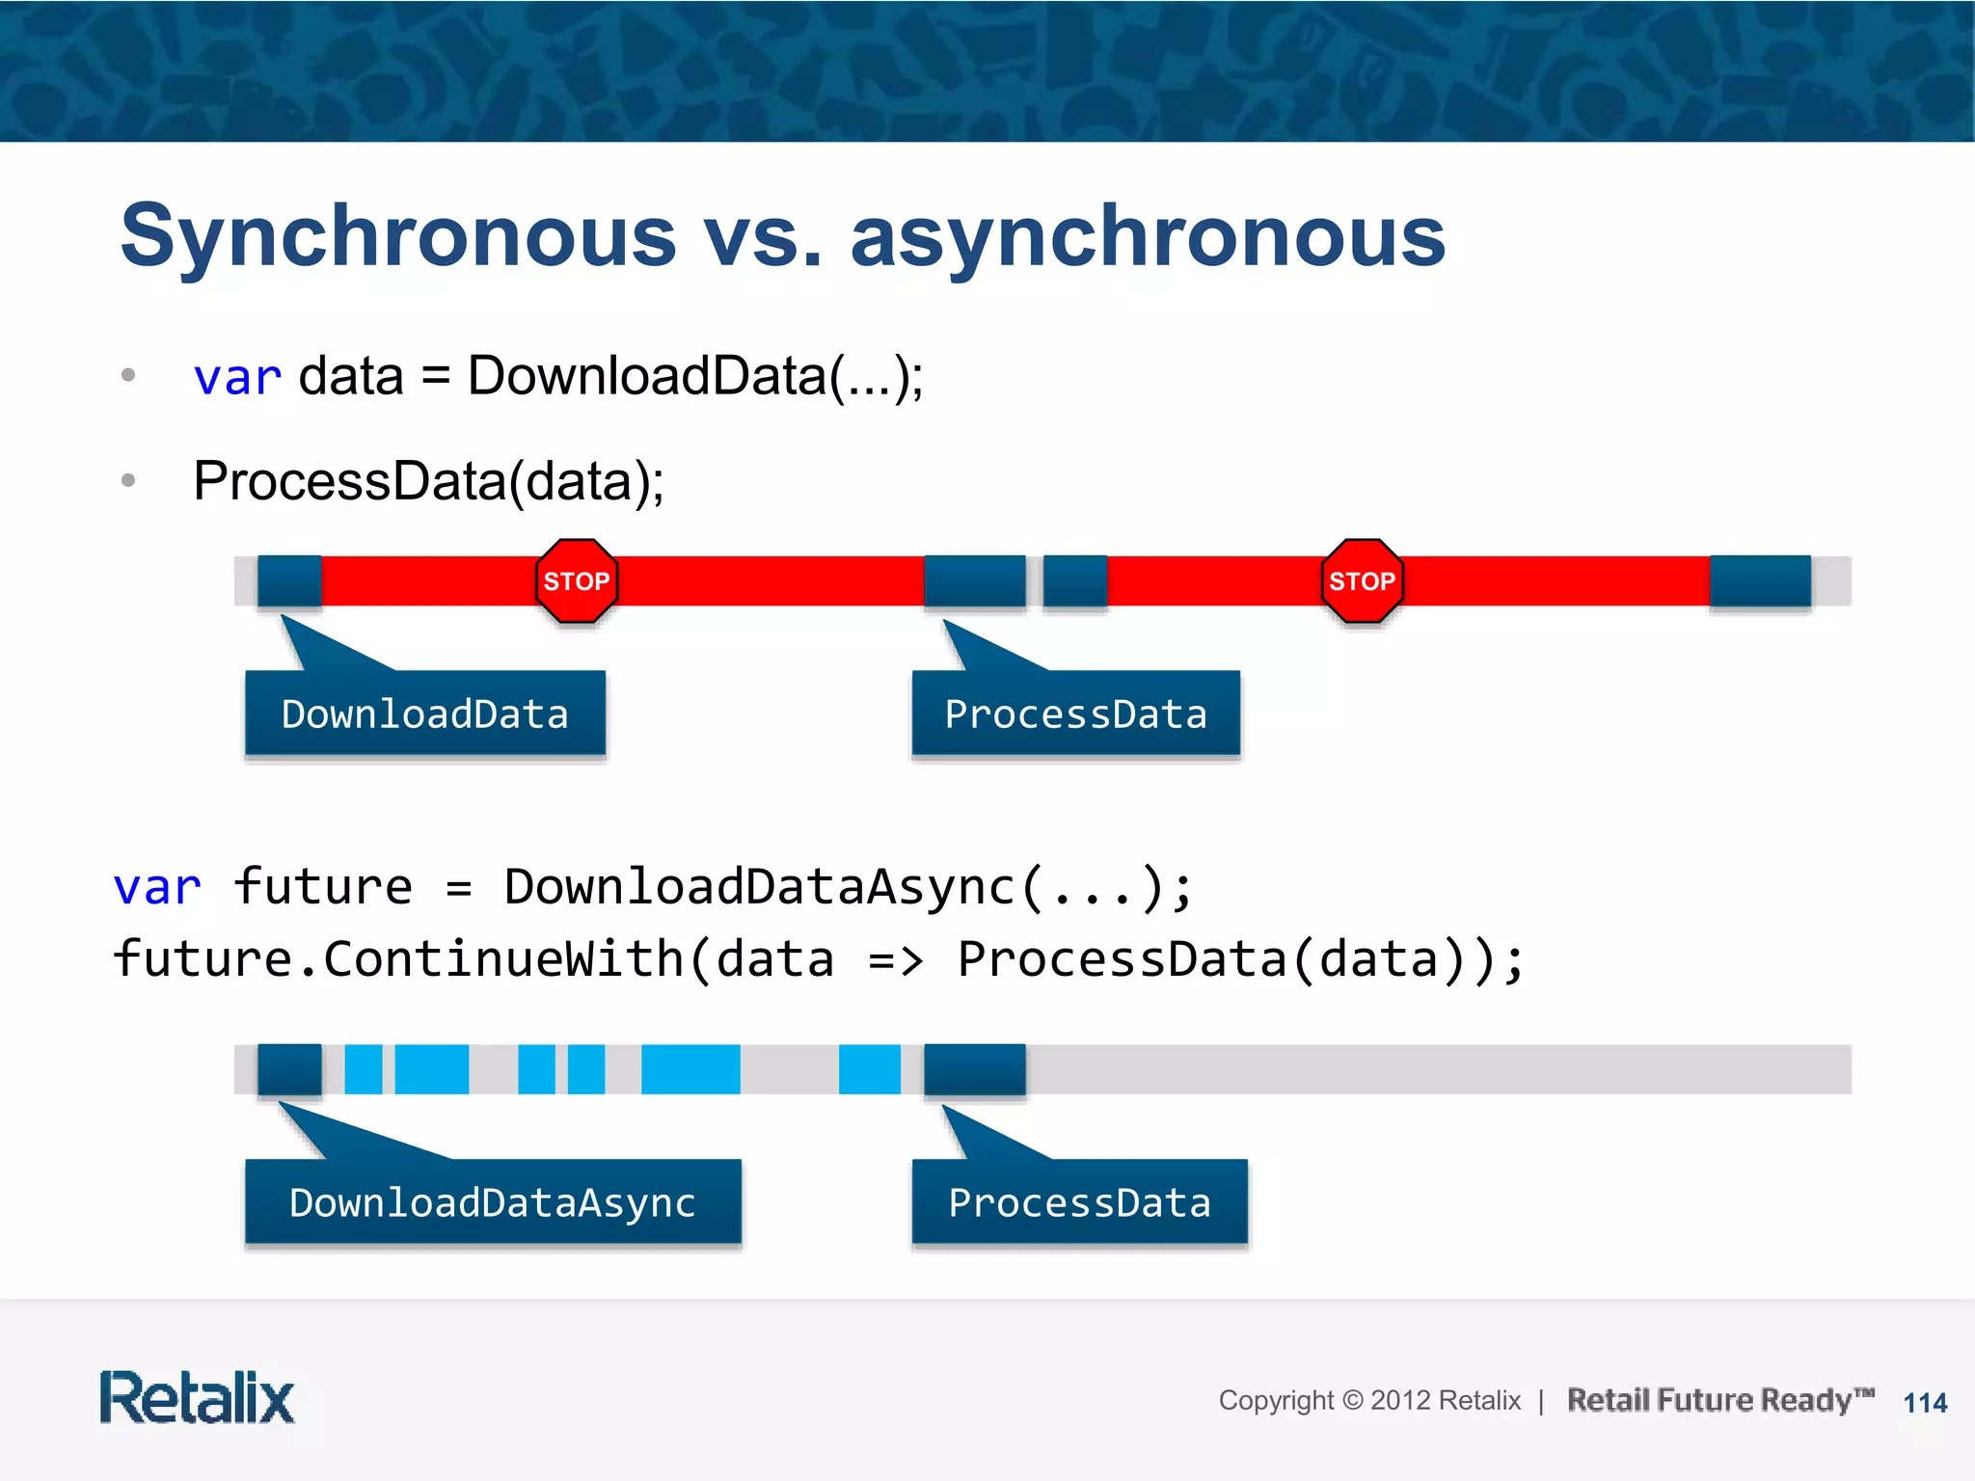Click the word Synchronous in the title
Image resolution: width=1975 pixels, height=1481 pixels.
[397, 237]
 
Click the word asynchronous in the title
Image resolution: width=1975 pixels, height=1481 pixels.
[1148, 237]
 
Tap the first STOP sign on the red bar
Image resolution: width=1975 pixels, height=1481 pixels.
[577, 580]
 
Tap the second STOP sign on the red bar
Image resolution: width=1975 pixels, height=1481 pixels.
[1362, 580]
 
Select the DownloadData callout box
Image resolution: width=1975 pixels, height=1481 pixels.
[425, 714]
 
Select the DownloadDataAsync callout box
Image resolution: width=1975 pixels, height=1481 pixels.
[493, 1202]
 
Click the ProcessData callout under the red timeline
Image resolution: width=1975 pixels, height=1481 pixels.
[1075, 714]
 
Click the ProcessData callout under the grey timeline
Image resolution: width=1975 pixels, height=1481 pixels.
[1079, 1202]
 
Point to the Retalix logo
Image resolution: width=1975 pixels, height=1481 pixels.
[197, 1397]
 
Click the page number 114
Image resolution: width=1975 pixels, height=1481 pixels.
[1925, 1403]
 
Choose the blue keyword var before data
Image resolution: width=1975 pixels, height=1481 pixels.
[237, 377]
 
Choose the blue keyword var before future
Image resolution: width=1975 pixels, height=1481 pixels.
[157, 887]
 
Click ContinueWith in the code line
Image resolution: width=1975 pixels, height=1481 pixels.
[503, 959]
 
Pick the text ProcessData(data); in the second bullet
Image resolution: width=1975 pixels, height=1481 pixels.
[428, 481]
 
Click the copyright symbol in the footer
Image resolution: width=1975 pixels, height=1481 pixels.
[1353, 1400]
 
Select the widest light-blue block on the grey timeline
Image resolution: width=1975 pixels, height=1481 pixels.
[690, 1069]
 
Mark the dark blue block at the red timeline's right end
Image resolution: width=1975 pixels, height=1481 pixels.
[1760, 580]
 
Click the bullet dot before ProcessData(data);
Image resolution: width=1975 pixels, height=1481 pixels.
[128, 480]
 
